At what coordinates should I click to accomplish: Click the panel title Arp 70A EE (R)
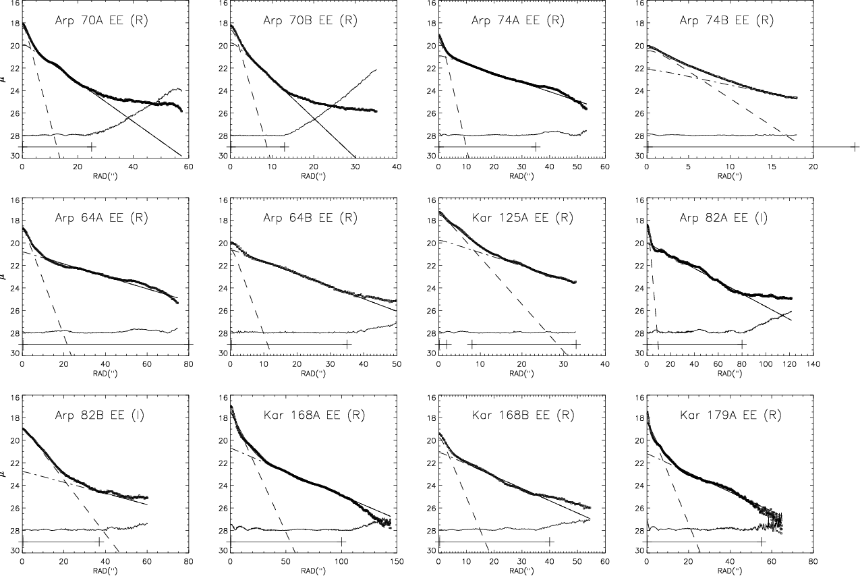[101, 20]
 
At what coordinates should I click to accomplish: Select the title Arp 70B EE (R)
[310, 20]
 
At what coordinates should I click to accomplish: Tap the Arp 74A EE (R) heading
[518, 20]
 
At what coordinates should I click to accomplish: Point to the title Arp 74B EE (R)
[726, 20]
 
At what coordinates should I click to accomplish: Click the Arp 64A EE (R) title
[101, 217]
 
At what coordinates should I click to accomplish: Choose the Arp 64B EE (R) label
[310, 217]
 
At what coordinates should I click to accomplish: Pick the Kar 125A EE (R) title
[518, 217]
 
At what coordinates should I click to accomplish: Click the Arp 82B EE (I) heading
[101, 415]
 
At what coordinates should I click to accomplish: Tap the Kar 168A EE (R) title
[310, 415]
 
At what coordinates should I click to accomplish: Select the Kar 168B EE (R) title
[518, 415]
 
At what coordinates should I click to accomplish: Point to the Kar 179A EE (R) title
[726, 415]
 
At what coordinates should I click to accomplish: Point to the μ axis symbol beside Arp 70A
[5, 79]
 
